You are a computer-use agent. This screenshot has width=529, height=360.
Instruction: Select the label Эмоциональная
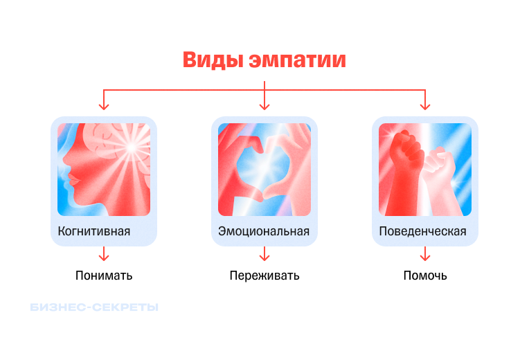click(x=264, y=231)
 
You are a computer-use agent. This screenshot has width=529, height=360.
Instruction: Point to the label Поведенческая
click(x=423, y=231)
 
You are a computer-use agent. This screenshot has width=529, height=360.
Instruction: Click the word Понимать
click(x=104, y=276)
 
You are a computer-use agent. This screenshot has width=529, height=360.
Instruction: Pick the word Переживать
click(x=264, y=276)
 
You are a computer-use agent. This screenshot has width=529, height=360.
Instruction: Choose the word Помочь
click(x=425, y=276)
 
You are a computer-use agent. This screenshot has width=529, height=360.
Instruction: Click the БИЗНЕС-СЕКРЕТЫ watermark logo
click(x=94, y=307)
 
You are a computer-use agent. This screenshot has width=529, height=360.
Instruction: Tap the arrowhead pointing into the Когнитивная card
click(x=104, y=106)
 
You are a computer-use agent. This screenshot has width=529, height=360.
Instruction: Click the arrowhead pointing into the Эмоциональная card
click(x=264, y=106)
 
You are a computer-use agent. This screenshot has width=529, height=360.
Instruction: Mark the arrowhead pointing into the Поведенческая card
click(x=425, y=106)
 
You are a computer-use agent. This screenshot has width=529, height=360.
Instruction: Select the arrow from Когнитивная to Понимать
click(x=104, y=255)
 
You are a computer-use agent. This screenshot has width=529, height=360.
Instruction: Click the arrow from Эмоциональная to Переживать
click(x=264, y=255)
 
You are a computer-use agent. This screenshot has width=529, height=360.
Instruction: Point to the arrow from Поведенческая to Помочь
click(x=425, y=255)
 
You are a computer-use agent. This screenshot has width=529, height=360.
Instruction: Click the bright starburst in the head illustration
click(x=129, y=147)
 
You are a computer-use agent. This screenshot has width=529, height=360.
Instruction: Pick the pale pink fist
click(x=438, y=166)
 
